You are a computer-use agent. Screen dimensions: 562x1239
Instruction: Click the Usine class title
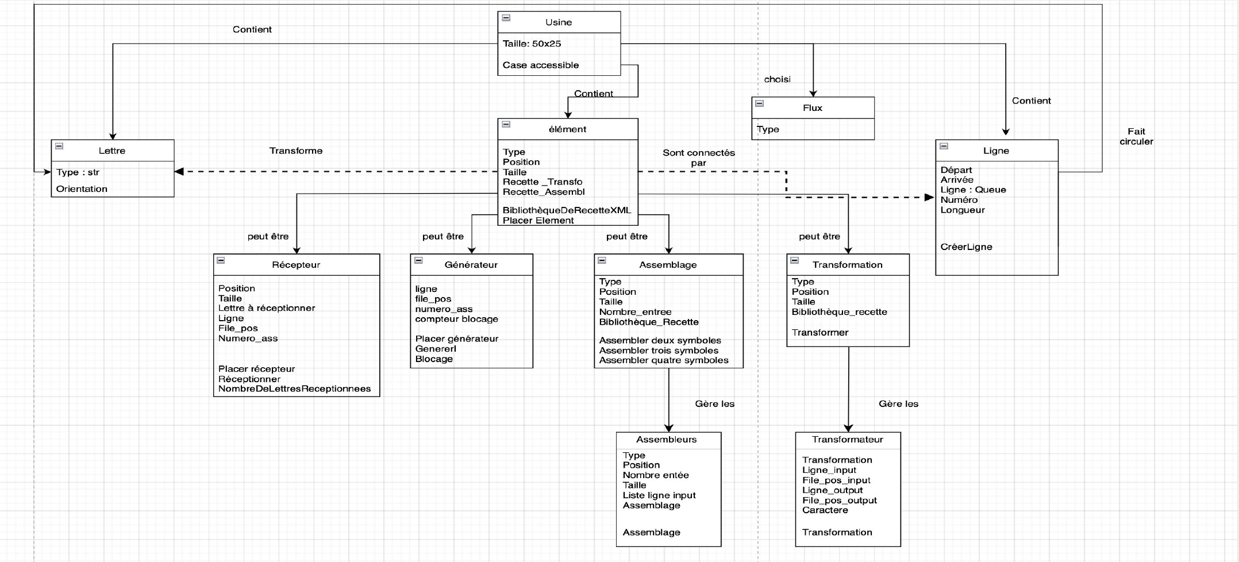(558, 22)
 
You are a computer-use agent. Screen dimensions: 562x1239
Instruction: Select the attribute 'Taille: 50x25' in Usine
(532, 44)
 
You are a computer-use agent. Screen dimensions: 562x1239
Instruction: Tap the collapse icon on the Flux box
(759, 103)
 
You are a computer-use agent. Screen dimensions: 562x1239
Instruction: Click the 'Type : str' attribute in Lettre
(78, 172)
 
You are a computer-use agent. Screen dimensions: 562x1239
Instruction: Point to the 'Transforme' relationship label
(295, 151)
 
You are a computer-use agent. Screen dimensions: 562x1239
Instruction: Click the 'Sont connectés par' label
(698, 157)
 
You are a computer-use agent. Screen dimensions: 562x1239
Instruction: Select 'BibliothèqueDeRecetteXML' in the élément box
(567, 210)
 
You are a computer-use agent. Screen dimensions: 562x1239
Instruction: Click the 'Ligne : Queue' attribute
(973, 190)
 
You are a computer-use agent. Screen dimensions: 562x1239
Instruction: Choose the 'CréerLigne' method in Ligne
(966, 247)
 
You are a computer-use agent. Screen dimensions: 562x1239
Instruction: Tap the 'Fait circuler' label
(1136, 137)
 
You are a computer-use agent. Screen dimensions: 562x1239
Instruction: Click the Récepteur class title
(296, 265)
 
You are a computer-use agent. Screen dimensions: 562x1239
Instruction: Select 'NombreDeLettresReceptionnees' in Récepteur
(294, 389)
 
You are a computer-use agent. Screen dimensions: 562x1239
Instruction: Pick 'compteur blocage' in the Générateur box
(456, 319)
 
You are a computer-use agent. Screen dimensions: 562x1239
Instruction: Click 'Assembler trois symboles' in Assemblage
(659, 351)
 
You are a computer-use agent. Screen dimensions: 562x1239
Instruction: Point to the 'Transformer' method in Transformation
(819, 333)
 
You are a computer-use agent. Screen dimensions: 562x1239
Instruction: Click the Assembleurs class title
(666, 440)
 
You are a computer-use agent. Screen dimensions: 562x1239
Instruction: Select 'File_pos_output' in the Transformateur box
(839, 501)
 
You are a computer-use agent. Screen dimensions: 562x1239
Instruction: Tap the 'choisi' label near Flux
(777, 79)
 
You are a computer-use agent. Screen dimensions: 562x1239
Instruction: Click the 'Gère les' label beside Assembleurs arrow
(714, 404)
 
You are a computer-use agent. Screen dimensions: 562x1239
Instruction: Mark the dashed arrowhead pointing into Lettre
(179, 171)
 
